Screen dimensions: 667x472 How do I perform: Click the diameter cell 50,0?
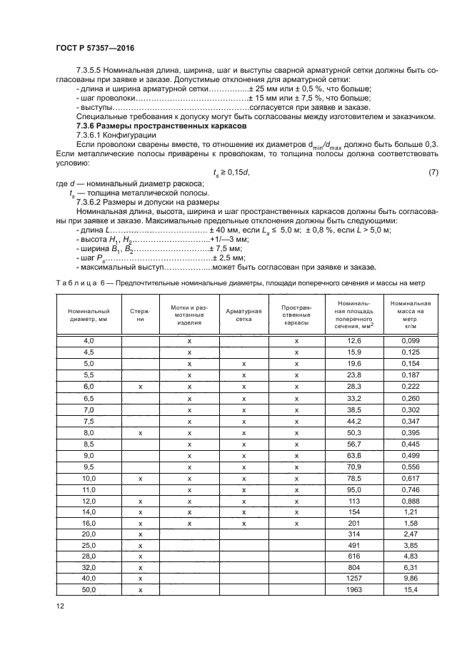89,590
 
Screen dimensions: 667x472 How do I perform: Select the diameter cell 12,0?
89,501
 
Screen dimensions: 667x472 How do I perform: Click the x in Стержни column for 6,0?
141,386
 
